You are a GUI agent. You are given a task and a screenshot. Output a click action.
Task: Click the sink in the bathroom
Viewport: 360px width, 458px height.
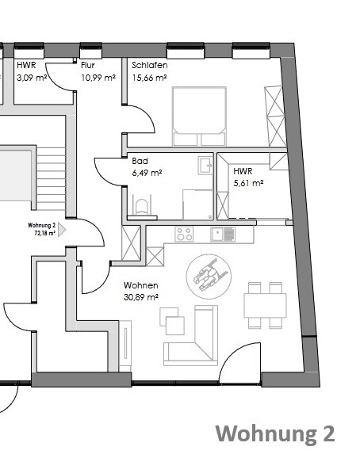pyautogui.click(x=204, y=166)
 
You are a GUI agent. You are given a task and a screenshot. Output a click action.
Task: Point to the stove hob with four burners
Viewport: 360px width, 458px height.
pyautogui.click(x=184, y=234)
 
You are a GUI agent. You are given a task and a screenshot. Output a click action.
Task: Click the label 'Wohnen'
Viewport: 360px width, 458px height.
pyautogui.click(x=140, y=285)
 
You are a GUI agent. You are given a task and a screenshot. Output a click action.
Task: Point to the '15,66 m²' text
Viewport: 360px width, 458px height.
pyautogui.click(x=149, y=78)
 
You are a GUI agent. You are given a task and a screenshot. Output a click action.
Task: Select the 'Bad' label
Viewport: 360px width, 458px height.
pyautogui.click(x=140, y=161)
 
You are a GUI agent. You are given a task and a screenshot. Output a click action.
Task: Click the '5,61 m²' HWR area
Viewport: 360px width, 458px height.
pyautogui.click(x=248, y=182)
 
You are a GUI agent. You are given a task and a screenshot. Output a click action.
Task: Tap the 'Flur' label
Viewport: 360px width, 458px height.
pyautogui.click(x=89, y=66)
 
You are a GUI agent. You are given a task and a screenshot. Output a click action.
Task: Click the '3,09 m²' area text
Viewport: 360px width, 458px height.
pyautogui.click(x=33, y=78)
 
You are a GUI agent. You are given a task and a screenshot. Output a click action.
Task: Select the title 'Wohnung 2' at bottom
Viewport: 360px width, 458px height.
pyautogui.click(x=275, y=433)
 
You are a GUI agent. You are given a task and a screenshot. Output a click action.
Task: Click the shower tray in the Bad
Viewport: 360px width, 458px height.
pyautogui.click(x=196, y=204)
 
